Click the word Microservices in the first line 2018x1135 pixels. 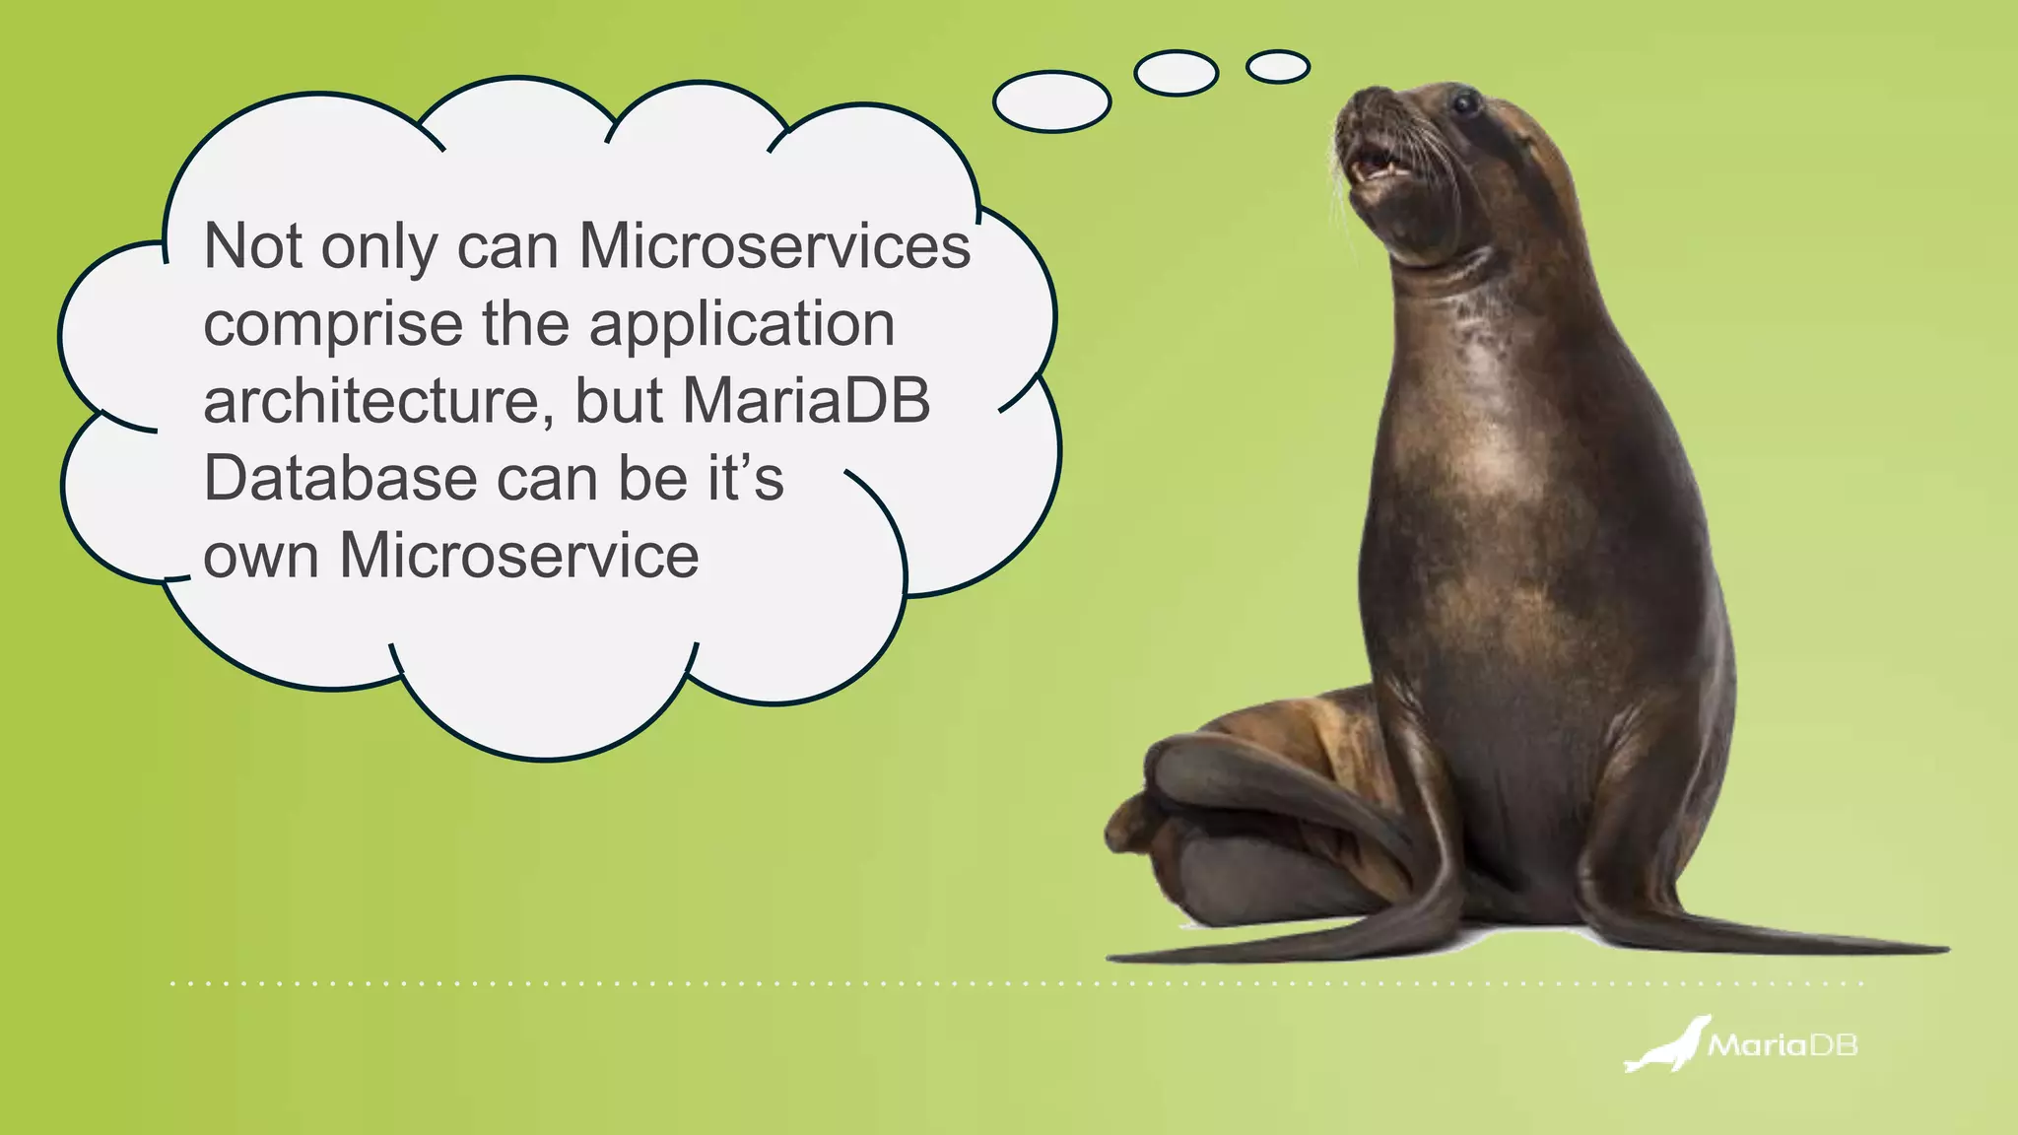pyautogui.click(x=774, y=245)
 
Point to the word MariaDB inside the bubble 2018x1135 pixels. pyautogui.click(x=806, y=401)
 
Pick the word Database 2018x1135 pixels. pyautogui.click(x=341, y=478)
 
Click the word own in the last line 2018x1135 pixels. pyautogui.click(x=261, y=557)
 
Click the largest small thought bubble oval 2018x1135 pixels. pyautogui.click(x=1051, y=101)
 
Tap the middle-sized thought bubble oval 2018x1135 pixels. pyautogui.click(x=1176, y=73)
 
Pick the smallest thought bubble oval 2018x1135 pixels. pyautogui.click(x=1277, y=67)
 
